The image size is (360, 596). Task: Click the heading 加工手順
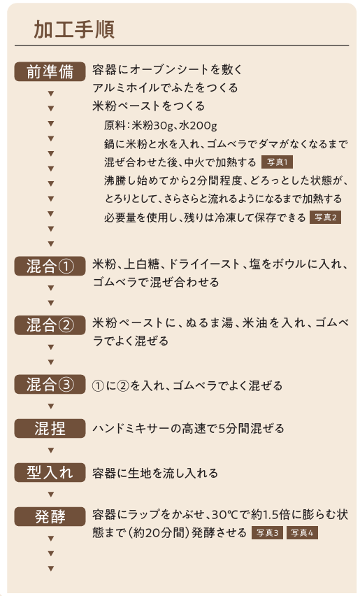tap(74, 29)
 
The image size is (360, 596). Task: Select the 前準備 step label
tap(50, 71)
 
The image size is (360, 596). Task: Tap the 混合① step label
tap(50, 266)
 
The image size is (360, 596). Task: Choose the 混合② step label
tap(50, 325)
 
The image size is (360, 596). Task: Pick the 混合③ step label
tap(50, 384)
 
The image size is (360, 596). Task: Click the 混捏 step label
tap(50, 428)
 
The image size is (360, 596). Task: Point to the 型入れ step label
tap(50, 472)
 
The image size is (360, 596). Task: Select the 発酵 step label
tap(50, 516)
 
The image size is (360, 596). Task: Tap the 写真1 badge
tap(278, 162)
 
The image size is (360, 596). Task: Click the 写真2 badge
tap(326, 218)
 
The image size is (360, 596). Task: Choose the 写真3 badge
tap(267, 533)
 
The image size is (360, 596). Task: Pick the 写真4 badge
tap(302, 533)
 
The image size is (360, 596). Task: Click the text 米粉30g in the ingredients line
tap(152, 125)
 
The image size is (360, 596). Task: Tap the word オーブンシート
tap(170, 69)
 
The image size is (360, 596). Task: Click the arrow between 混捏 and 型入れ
tap(51, 450)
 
